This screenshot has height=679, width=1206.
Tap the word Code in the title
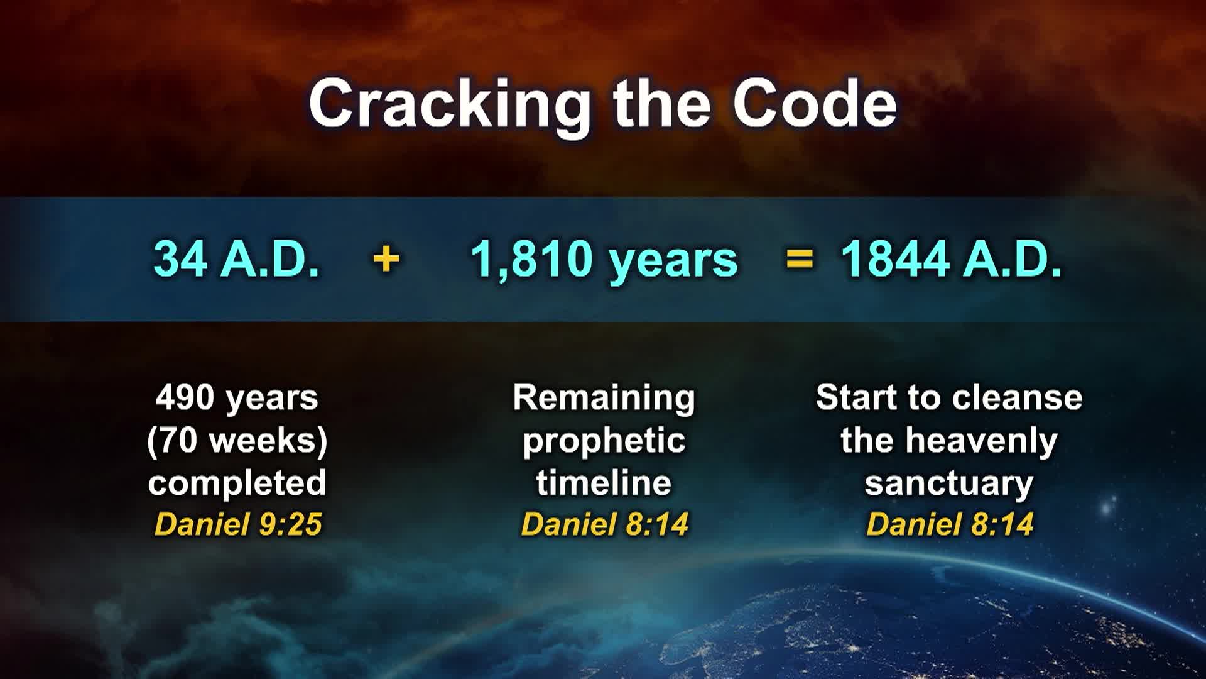point(815,104)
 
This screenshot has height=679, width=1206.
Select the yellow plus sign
point(386,259)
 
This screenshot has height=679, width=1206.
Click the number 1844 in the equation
point(894,258)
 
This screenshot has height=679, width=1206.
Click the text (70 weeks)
point(237,441)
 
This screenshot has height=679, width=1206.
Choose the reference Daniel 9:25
point(238,524)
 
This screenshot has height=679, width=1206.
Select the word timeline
point(604,483)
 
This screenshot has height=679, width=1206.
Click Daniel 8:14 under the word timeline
point(604,524)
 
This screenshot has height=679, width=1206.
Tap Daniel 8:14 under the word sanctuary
point(950,524)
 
